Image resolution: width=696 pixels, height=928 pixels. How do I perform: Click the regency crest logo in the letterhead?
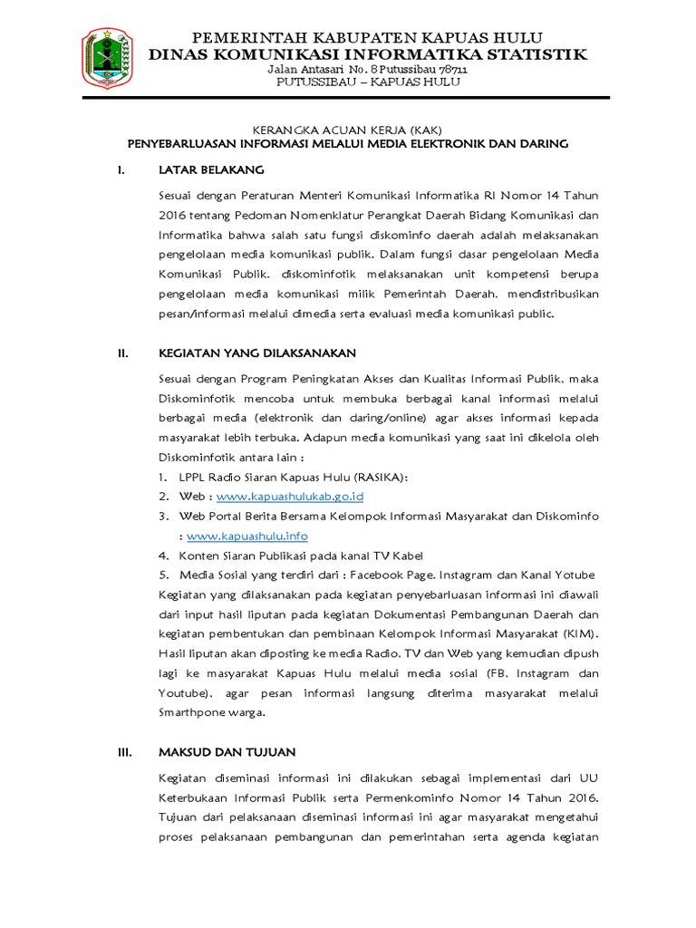108,61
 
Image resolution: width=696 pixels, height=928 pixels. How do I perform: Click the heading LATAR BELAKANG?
211,169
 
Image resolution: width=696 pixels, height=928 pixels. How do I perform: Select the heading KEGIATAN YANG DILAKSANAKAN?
257,353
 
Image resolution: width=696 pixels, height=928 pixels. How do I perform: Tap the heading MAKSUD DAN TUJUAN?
227,752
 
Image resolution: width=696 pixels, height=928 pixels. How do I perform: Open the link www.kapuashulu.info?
247,536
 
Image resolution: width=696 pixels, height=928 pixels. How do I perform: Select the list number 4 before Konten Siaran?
163,556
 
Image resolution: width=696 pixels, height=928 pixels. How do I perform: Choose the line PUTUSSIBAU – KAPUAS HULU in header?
368,82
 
